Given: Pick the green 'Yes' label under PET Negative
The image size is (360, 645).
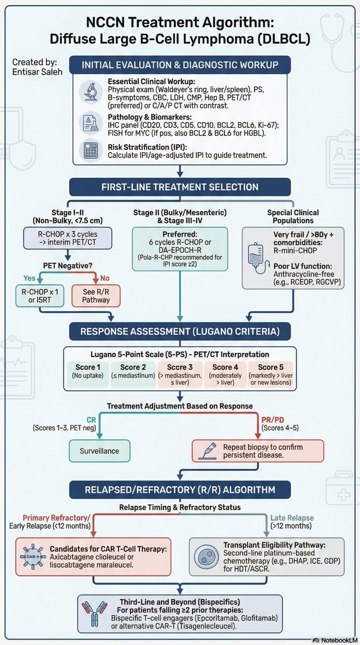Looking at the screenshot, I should coord(30,278).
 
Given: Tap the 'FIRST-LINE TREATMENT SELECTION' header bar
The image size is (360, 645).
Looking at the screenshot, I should coord(180,187).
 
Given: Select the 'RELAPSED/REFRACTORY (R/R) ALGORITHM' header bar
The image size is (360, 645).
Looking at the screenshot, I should coord(180,489).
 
